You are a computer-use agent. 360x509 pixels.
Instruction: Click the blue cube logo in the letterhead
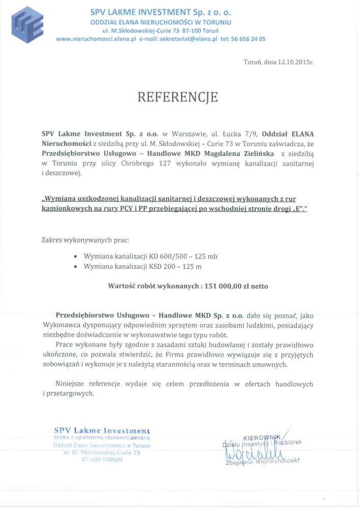tap(27, 24)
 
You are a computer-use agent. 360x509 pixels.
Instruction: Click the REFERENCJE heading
tap(178, 97)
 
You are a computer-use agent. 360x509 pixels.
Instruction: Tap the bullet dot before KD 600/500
tap(76, 257)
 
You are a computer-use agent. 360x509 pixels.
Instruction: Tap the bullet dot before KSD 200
tap(76, 266)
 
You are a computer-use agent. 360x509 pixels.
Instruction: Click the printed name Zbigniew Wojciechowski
tap(263, 462)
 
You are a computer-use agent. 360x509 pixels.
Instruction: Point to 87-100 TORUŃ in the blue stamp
tap(102, 459)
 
